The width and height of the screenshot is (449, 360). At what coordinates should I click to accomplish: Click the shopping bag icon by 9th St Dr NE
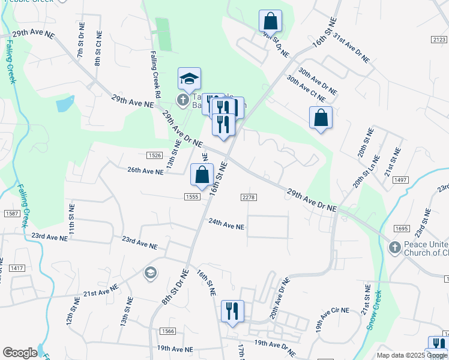(270, 21)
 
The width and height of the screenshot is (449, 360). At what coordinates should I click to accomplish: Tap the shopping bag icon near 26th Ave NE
(202, 175)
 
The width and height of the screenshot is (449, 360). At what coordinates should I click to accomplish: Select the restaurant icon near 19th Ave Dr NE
(232, 311)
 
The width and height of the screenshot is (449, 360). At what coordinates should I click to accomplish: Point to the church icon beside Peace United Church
(394, 247)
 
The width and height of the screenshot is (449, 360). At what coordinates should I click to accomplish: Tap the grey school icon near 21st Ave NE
(150, 274)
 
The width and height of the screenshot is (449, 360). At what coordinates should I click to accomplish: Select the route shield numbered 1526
(154, 155)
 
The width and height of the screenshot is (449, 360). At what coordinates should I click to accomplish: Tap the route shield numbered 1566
(167, 331)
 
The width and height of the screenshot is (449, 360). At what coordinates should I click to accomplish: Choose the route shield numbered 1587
(10, 213)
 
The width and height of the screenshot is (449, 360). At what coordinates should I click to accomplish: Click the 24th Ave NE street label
(226, 227)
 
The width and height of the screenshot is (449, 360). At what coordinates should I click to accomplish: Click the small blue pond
(64, 104)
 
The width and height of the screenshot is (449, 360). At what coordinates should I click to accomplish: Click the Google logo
(20, 353)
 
